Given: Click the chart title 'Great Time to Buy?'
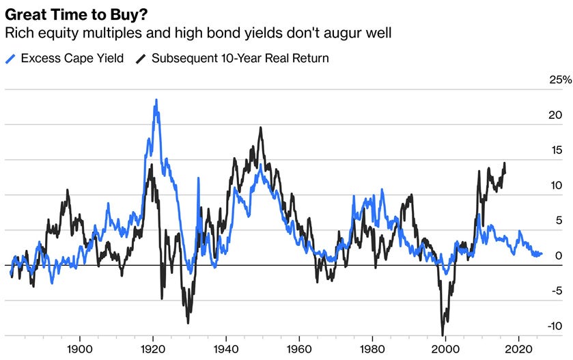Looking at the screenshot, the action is [76, 14].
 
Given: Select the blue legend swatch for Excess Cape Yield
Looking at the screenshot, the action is [11, 59].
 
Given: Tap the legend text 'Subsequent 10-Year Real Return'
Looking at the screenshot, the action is [240, 58].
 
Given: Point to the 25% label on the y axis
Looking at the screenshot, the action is [560, 80].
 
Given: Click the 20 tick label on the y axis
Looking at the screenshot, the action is [555, 115].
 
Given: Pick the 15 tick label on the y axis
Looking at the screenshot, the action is [556, 150].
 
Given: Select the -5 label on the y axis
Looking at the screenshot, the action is [555, 291].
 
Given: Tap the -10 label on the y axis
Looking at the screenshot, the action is [555, 326].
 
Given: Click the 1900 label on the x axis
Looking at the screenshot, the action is [80, 349].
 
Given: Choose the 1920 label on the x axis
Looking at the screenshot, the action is [153, 349].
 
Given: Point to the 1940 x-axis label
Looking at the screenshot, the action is [226, 349].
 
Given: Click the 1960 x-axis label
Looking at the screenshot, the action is [299, 349].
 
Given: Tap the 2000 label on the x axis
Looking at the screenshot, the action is [445, 349].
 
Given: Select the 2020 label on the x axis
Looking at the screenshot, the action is [518, 349].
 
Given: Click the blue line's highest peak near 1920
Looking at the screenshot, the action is [156, 100].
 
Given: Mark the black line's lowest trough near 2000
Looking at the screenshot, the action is [443, 335].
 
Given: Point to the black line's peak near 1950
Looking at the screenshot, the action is [261, 128].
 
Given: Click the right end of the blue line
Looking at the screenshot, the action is [542, 253].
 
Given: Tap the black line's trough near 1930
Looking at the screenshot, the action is [188, 322].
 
